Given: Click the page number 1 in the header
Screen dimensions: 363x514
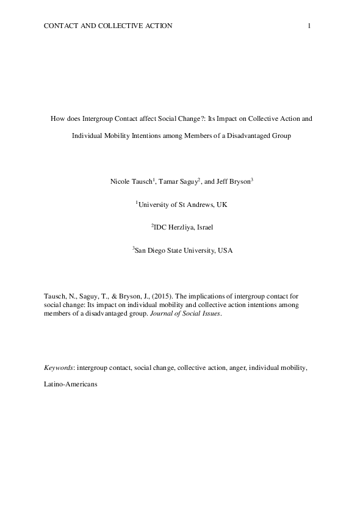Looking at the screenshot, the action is click(309, 26).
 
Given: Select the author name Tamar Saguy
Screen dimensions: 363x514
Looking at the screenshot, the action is click(177, 181).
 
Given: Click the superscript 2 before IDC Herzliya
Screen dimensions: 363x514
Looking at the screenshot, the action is click(153, 225).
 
